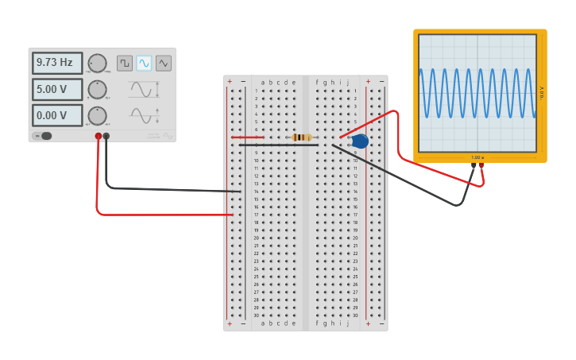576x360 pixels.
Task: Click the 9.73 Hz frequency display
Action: (x=56, y=63)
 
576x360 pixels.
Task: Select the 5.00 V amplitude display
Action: (x=56, y=89)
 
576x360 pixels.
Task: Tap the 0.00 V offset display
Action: (x=56, y=115)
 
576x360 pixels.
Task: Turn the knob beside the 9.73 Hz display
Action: (x=97, y=64)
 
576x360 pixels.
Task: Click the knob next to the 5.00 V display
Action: (x=97, y=90)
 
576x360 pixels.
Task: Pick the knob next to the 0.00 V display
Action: (x=97, y=116)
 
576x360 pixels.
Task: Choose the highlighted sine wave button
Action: (x=144, y=63)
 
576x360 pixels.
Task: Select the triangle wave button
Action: (x=164, y=63)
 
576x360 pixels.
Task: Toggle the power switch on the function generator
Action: (x=44, y=136)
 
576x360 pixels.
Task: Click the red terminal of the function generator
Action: (x=99, y=136)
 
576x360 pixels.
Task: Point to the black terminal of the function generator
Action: (x=106, y=136)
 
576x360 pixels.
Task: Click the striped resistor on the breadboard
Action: (x=302, y=137)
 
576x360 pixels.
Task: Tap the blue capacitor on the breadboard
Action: (x=360, y=141)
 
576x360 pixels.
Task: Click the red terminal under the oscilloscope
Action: (x=481, y=165)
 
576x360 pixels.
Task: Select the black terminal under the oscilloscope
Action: (x=474, y=165)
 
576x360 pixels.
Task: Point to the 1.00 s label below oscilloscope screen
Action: (x=477, y=157)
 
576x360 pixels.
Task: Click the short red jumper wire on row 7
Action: (x=247, y=137)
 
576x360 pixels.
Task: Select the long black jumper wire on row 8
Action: (x=278, y=145)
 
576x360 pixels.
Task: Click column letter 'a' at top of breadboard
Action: (x=263, y=82)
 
